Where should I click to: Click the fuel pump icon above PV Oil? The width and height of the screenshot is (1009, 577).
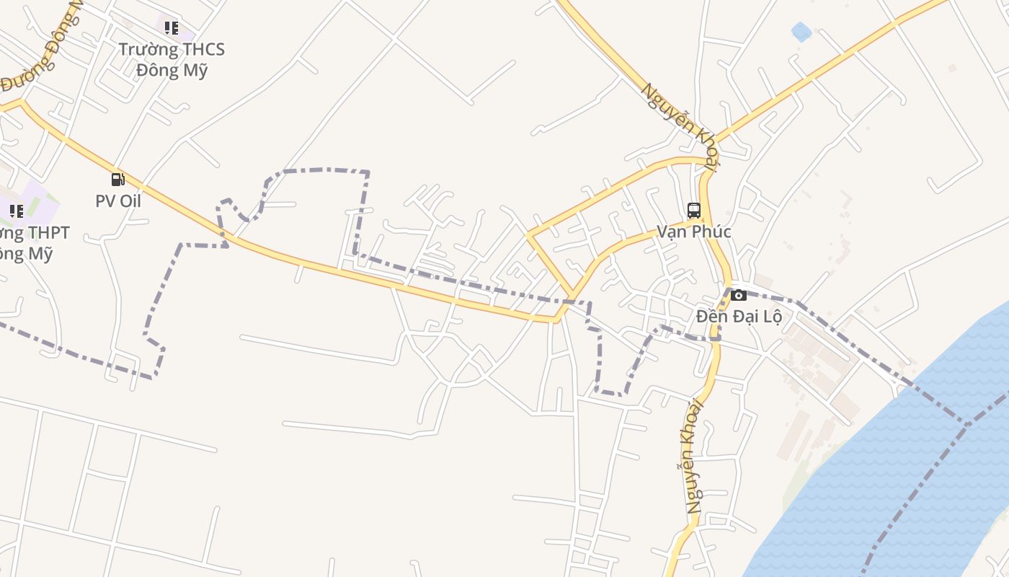click(117, 180)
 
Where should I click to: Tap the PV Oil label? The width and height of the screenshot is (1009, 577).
click(118, 201)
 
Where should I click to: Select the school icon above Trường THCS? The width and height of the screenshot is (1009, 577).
click(172, 28)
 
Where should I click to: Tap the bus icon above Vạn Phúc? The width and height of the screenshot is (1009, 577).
click(694, 211)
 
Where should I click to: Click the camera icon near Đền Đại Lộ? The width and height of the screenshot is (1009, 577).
click(739, 295)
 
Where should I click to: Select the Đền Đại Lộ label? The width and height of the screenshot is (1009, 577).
click(739, 317)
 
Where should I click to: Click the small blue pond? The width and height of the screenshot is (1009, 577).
click(801, 32)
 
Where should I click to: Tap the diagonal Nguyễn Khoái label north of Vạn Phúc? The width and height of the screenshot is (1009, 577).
click(680, 127)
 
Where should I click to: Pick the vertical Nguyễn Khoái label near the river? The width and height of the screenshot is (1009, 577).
click(693, 456)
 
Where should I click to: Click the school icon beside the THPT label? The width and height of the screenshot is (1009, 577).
click(16, 211)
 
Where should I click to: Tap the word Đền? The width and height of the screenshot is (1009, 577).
click(712, 317)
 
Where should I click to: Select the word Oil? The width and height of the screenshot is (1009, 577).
click(130, 201)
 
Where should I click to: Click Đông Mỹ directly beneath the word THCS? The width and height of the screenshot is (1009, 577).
click(172, 71)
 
